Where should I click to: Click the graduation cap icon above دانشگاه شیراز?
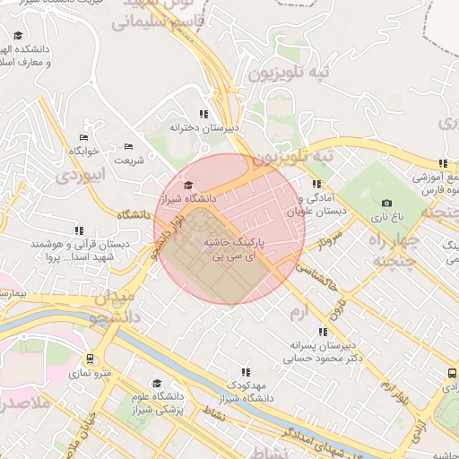[187, 185]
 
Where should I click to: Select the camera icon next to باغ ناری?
[386, 204]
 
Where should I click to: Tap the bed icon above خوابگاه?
[83, 137]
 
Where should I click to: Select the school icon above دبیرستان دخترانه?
[204, 115]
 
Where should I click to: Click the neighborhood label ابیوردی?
[81, 176]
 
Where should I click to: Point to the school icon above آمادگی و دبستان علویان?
[316, 184]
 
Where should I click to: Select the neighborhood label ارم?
[299, 311]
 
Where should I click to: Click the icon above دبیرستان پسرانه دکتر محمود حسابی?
[323, 331]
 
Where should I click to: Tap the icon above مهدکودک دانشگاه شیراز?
[244, 371]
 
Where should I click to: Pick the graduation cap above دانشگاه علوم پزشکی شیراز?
[158, 384]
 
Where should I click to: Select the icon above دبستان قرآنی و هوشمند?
[80, 230]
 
